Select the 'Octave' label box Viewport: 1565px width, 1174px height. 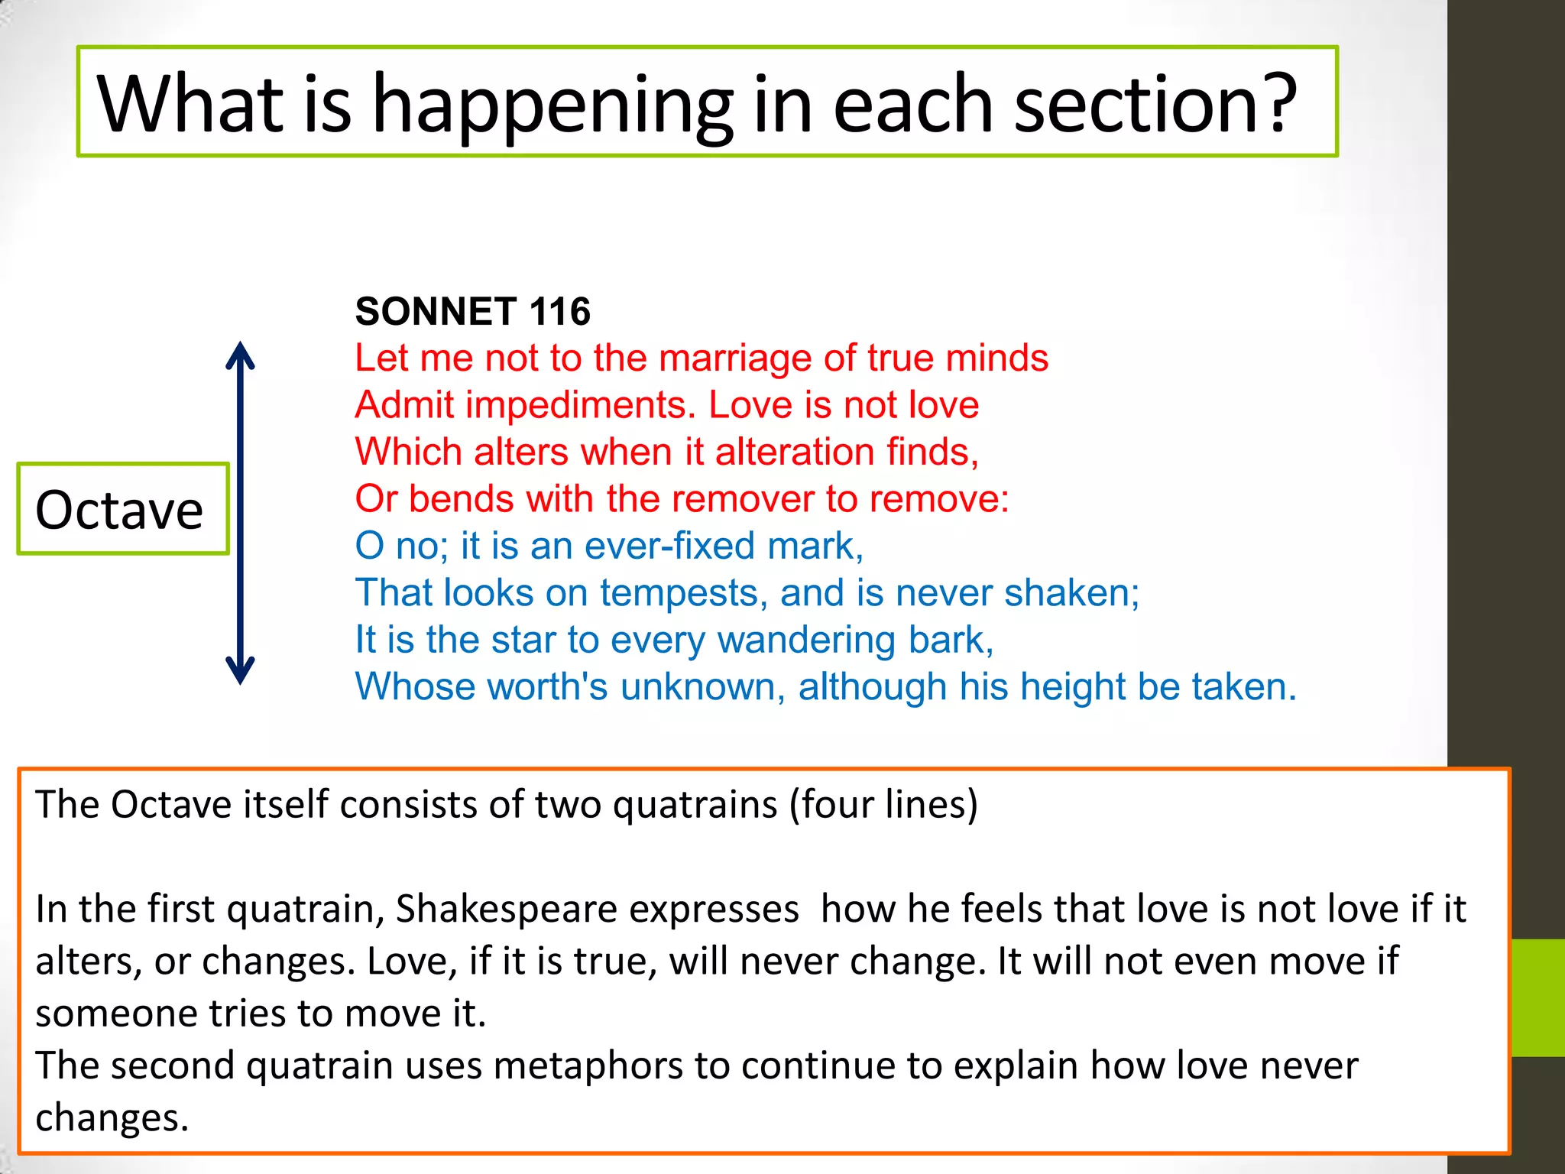click(x=122, y=509)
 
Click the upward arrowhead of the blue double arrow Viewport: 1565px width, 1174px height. click(x=240, y=355)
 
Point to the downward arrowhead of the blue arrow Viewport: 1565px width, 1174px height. click(x=240, y=671)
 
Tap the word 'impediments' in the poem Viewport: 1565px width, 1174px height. click(x=580, y=405)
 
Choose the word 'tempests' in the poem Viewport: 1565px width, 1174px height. click(x=683, y=593)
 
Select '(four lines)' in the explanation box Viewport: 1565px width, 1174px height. click(x=883, y=805)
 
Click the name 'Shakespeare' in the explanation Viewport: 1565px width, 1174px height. click(x=597, y=910)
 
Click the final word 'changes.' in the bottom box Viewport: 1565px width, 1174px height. click(x=112, y=1118)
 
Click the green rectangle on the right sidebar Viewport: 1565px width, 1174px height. click(x=1537, y=997)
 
